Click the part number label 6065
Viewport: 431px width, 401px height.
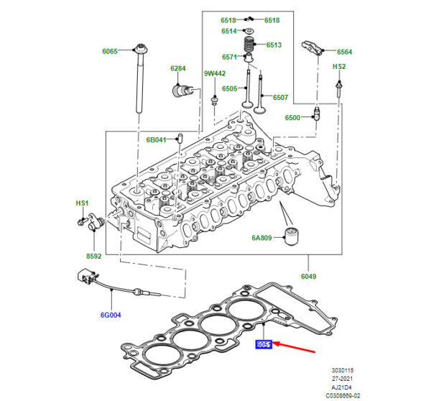pyautogui.click(x=110, y=51)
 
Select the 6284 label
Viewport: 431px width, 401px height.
pyautogui.click(x=177, y=68)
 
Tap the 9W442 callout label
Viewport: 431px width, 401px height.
pyautogui.click(x=214, y=73)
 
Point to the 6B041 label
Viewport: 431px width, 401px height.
pyautogui.click(x=157, y=139)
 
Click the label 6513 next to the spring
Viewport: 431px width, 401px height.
pyautogui.click(x=274, y=45)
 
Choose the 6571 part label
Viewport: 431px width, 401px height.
pyautogui.click(x=229, y=57)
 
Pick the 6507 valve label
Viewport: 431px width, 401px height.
pyautogui.click(x=280, y=98)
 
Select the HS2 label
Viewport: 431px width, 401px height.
pyautogui.click(x=339, y=66)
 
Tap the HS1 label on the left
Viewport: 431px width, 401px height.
pyautogui.click(x=81, y=203)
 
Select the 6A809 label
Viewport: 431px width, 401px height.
pyautogui.click(x=261, y=237)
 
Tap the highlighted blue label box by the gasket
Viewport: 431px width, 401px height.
pyautogui.click(x=264, y=345)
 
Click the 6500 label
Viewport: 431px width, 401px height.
pyautogui.click(x=292, y=117)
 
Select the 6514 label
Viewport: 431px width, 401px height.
pyautogui.click(x=229, y=32)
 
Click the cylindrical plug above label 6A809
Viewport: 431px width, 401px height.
pyautogui.click(x=292, y=235)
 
